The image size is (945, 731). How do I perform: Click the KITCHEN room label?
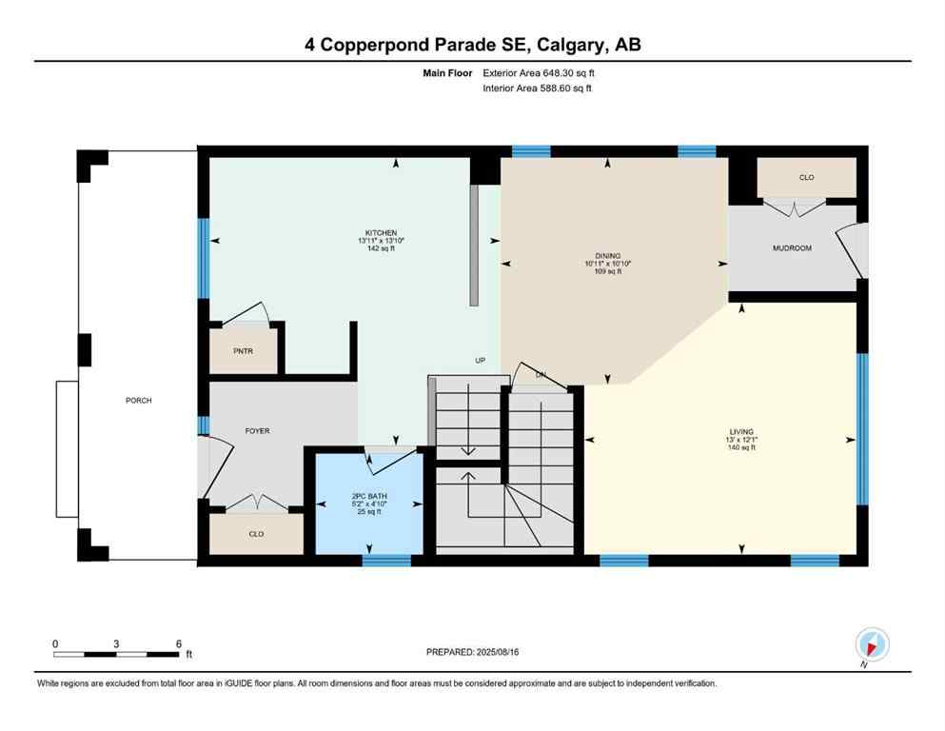381,232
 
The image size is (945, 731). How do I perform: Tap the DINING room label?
608,255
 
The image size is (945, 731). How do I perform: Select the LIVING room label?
741,431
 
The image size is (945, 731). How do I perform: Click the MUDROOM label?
791,247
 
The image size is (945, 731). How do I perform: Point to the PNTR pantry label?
244,350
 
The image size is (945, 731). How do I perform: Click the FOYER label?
257,431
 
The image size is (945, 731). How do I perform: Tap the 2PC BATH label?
365,497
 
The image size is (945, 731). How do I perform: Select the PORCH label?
139,401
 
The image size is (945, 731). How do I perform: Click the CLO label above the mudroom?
806,177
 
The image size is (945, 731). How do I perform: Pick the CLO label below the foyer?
256,534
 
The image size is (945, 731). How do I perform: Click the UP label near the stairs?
481,361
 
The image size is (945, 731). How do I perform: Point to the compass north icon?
872,643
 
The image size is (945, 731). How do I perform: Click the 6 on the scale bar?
178,643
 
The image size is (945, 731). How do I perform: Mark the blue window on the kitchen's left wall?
203,257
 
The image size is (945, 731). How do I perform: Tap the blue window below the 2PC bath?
386,561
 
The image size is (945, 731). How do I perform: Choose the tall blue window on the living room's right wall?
862,428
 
